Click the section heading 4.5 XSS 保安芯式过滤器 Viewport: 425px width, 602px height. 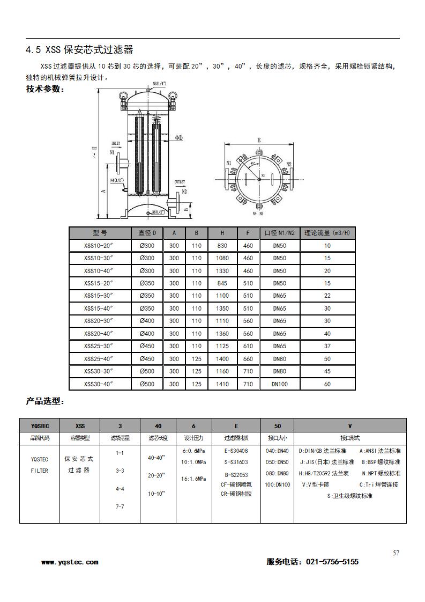(79, 50)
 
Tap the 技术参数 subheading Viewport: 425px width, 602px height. (46, 89)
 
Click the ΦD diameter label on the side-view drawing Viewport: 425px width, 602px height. (179, 138)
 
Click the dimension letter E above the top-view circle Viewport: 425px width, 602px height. (259, 140)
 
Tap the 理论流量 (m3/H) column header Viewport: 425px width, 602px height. (327, 233)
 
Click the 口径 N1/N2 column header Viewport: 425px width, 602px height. (279, 233)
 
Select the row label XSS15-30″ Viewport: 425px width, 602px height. (100, 296)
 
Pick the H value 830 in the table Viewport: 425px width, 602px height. (222, 245)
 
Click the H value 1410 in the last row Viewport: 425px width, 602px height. (222, 384)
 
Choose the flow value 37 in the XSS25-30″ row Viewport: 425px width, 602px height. (327, 346)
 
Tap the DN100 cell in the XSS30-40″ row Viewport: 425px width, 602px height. (279, 384)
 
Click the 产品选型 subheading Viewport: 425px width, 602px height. (46, 401)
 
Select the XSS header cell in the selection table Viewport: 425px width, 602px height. (80, 425)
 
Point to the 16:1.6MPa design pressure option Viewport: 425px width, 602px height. (193, 479)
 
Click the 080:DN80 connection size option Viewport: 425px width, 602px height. (277, 474)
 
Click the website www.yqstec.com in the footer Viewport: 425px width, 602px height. (70, 562)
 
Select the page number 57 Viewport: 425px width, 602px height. (396, 553)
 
